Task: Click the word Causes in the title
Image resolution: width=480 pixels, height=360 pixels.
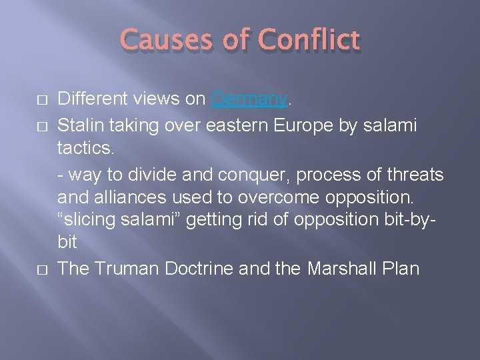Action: (x=163, y=41)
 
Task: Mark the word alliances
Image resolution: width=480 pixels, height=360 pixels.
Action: (x=120, y=199)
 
